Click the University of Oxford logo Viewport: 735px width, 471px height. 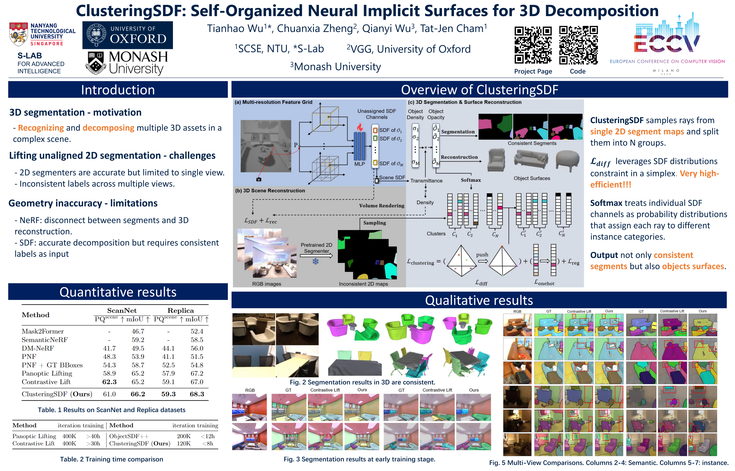(128, 35)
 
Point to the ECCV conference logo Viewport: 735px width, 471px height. (667, 43)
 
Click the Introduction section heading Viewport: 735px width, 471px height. (118, 90)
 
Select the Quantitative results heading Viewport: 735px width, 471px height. (118, 292)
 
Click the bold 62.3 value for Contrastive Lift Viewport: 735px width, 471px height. (109, 382)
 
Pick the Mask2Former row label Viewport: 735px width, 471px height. (43, 331)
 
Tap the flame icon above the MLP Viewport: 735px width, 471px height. (360, 127)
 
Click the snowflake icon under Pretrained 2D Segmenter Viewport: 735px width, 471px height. (316, 261)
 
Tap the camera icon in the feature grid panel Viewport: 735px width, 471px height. (259, 179)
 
